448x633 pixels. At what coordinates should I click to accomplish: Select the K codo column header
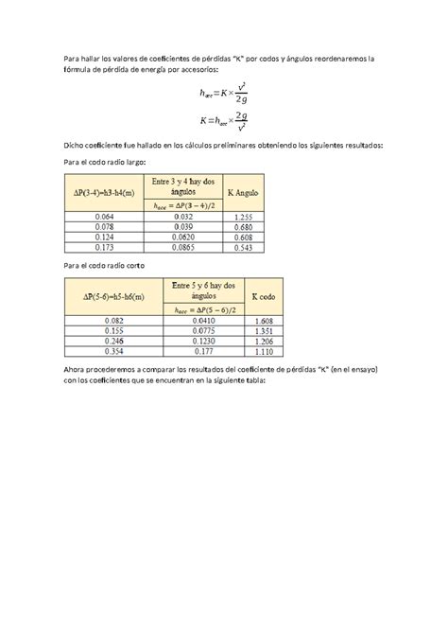point(264,297)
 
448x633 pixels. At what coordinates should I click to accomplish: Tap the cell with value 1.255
point(243,217)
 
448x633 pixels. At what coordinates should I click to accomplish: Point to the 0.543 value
point(243,245)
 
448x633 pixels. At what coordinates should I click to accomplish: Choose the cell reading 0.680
point(243,226)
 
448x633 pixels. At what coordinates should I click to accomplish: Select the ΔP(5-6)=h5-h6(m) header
point(103,297)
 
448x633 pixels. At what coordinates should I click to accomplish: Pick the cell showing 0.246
point(103,341)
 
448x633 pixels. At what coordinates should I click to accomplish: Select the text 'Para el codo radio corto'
point(105,266)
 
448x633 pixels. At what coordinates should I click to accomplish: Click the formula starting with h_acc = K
point(224,94)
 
